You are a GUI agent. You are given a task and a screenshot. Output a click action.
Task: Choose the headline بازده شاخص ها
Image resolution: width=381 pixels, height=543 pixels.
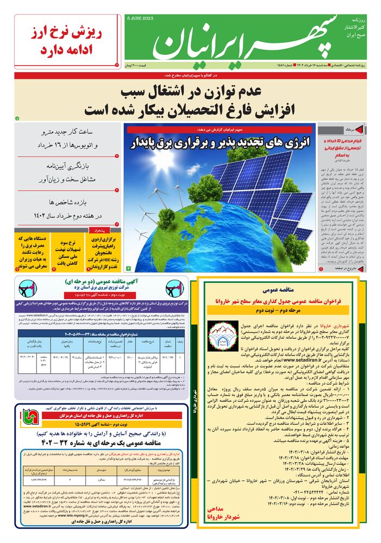pos(67,203)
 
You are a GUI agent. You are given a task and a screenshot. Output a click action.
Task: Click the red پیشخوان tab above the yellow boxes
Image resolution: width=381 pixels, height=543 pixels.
pos(99,230)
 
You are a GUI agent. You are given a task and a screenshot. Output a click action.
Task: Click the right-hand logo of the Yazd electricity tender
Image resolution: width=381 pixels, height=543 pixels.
pos(176,288)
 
